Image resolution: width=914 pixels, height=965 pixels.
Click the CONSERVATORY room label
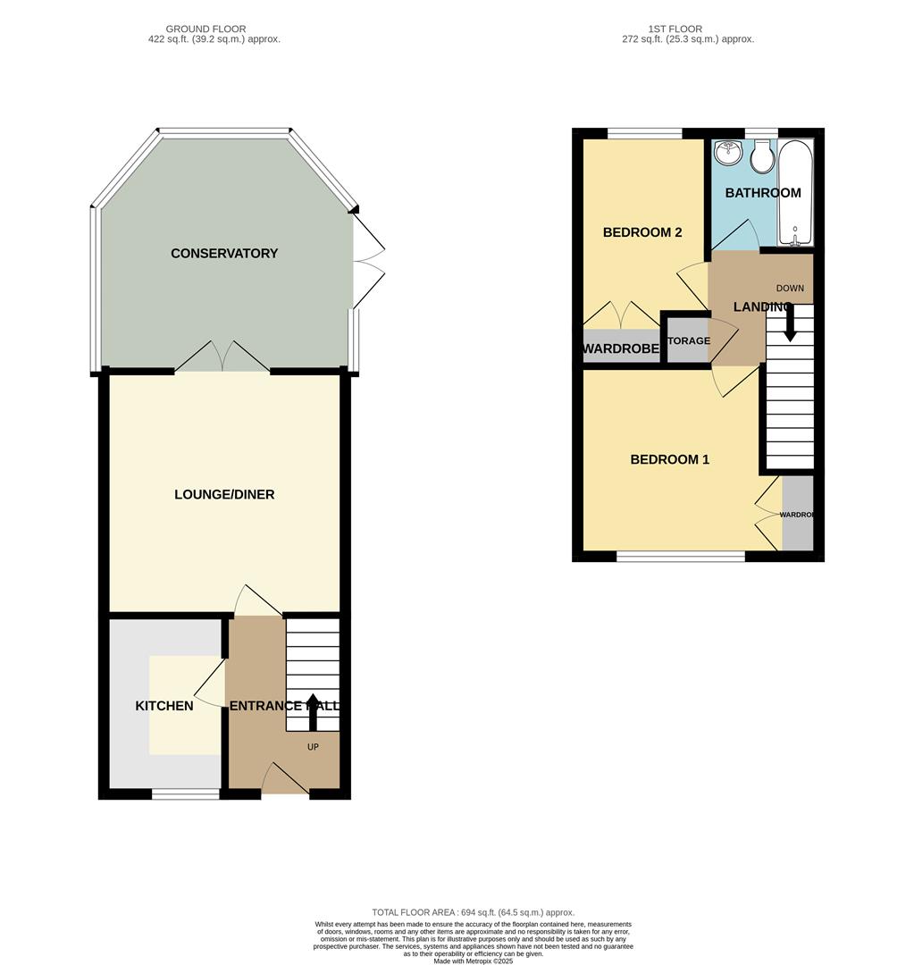tap(224, 254)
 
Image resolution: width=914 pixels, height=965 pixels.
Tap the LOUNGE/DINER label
tap(224, 495)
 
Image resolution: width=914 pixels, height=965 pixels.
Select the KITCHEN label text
tap(164, 706)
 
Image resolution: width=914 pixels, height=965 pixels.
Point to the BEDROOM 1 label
tap(670, 460)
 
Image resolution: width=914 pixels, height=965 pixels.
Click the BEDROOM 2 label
tap(642, 232)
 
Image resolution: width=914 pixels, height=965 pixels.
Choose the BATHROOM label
tap(763, 193)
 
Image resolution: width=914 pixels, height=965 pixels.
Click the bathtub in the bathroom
tap(795, 192)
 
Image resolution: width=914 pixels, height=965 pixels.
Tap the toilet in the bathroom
tap(762, 157)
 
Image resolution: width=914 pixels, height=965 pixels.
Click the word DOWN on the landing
tap(790, 289)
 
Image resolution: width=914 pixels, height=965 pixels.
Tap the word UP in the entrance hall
tap(313, 747)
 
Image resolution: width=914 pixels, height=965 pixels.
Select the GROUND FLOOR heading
tap(205, 29)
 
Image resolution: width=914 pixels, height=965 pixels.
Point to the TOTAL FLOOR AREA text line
tap(473, 912)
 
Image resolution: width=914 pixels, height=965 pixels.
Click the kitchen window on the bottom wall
tap(185, 793)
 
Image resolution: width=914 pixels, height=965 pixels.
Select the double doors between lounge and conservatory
tap(222, 357)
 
